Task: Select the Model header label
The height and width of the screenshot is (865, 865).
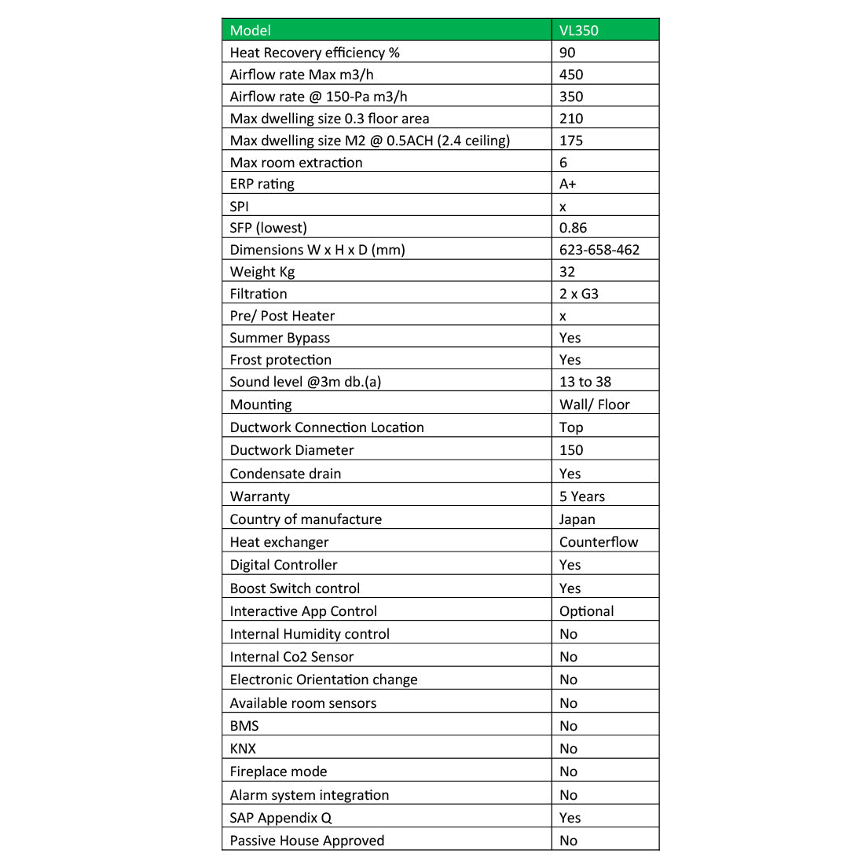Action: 250,31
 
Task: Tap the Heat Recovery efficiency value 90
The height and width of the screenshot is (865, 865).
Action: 567,53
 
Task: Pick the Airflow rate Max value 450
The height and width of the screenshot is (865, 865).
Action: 571,75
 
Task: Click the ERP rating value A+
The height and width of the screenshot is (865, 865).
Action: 567,184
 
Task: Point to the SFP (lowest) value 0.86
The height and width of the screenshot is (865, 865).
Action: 573,228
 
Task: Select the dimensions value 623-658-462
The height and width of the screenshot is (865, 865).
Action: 599,250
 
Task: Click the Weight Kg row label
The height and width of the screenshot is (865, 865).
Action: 262,272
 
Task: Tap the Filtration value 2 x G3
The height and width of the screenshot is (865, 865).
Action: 579,294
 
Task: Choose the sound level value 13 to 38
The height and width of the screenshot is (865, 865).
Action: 585,382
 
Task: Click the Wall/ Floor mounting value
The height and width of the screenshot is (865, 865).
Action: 595,405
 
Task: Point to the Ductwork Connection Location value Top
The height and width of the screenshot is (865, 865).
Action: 571,427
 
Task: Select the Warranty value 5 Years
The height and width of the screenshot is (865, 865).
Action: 582,497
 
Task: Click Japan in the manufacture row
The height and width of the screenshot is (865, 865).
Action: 577,519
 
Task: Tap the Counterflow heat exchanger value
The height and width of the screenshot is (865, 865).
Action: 599,542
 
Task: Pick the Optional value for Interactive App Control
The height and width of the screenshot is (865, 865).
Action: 587,611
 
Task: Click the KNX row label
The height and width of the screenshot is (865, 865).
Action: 243,749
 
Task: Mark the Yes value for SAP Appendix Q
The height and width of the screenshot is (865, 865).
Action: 570,818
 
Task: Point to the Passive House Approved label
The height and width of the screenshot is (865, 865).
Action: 307,841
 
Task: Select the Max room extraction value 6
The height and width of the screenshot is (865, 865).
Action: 563,163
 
